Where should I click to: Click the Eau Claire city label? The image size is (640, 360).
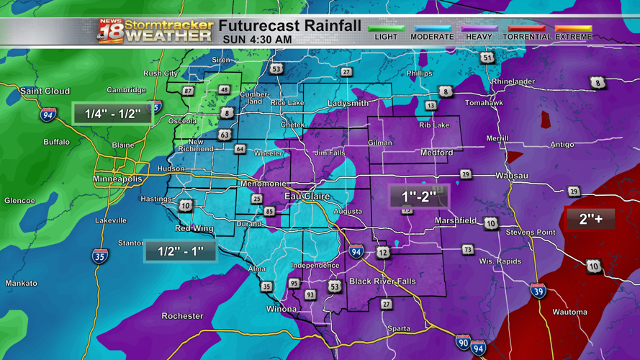tap(307, 196)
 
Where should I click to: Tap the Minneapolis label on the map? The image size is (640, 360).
tap(117, 179)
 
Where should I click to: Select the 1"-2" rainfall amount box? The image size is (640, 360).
tap(419, 197)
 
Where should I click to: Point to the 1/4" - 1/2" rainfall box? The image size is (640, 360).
tap(113, 114)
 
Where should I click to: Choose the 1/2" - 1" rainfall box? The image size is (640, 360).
tap(180, 251)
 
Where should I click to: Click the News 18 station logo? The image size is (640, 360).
tap(110, 31)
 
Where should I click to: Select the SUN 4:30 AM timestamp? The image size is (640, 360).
tap(258, 39)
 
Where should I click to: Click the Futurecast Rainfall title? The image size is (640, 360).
tap(290, 26)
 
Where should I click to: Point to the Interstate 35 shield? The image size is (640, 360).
tap(100, 256)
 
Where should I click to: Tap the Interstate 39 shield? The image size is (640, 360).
tap(538, 290)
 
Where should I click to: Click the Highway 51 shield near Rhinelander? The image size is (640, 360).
tap(488, 58)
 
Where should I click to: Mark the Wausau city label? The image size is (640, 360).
tap(511, 176)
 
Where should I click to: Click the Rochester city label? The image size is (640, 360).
tap(183, 316)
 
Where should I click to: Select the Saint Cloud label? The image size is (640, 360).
tap(45, 91)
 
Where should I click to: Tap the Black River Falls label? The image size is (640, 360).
tap(382, 282)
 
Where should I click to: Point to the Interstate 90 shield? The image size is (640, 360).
tap(463, 342)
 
